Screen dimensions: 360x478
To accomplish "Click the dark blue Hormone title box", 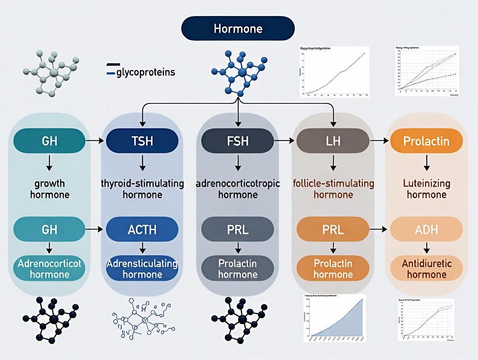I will point(238,29).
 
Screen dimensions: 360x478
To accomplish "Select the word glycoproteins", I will point(145,72).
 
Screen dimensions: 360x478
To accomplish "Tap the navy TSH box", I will point(142,141).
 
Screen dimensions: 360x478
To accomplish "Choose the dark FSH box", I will point(238,141).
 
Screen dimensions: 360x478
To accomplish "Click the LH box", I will point(333,141).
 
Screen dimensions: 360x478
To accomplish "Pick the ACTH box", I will point(142,229).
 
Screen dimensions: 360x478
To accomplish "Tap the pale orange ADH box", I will point(426,229).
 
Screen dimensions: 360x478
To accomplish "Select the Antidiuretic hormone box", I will point(426,268).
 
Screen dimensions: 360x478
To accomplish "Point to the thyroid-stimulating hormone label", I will point(142,189).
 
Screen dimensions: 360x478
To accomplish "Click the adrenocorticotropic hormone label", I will point(238,189).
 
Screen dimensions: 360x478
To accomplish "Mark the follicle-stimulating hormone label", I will point(333,189).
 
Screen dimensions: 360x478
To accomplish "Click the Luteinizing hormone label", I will point(426,189).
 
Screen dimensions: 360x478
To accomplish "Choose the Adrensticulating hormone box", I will point(142,268).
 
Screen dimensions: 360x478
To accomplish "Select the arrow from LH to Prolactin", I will point(380,141).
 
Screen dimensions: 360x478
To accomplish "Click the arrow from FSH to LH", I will point(284,141).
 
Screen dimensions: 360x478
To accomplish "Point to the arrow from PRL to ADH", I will point(380,229).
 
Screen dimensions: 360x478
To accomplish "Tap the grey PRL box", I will point(238,229).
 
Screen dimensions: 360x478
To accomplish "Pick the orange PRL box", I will point(333,229).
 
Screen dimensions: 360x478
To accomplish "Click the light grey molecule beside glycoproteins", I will point(51,73).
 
